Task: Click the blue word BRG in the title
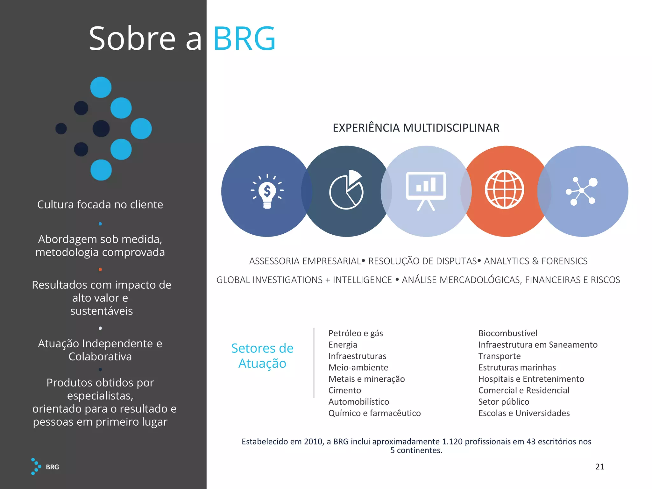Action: coord(244,39)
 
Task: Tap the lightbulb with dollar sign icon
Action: coord(267,191)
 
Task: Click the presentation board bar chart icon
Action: coord(426,190)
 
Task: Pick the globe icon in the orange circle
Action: coord(504,190)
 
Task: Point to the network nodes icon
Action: coord(582,191)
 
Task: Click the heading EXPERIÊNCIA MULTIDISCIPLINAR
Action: coord(416,128)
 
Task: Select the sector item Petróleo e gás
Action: coord(356,333)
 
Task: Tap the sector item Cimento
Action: coord(345,390)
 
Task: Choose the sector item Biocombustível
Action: coord(508,333)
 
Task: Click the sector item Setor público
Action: coord(504,402)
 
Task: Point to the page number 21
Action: coord(599,467)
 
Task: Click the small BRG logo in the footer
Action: coord(45,467)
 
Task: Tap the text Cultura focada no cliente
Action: coord(100,204)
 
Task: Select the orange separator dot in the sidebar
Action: coord(100,270)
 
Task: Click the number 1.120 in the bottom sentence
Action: coord(452,442)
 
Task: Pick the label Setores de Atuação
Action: coord(262,356)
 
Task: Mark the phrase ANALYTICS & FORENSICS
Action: coord(536,261)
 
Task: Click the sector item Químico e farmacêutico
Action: coord(374,413)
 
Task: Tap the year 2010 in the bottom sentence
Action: coord(313,442)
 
